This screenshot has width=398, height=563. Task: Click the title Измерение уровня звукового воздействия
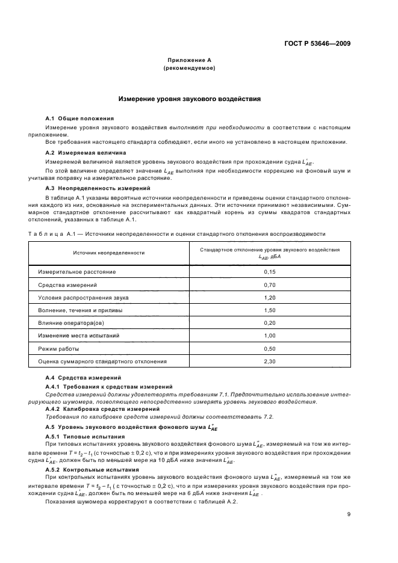[x=189, y=99]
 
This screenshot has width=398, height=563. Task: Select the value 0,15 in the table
[x=269, y=272]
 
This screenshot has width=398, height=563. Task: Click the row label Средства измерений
[x=67, y=285]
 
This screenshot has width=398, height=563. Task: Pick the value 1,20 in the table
[x=269, y=298]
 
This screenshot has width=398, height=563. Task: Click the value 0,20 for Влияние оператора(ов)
[x=269, y=324]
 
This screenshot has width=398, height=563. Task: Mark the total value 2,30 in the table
[x=269, y=362]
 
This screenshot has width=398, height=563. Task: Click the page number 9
[x=349, y=514]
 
